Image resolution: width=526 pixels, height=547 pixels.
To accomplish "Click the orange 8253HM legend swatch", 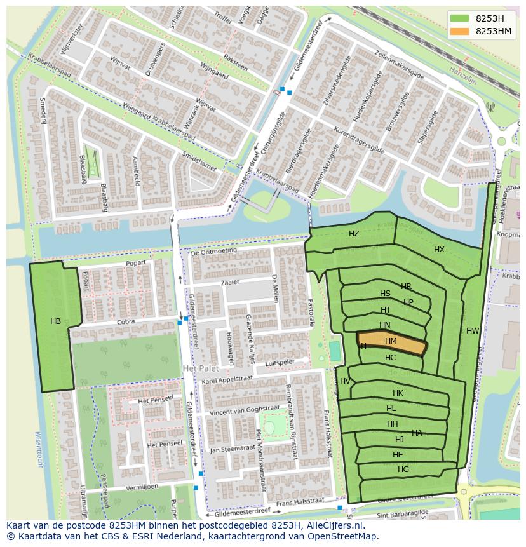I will pyautogui.click(x=461, y=31).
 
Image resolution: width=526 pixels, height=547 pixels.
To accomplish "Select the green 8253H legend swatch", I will pyautogui.click(x=461, y=18).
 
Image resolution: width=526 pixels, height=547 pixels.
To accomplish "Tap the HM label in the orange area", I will pyautogui.click(x=391, y=342).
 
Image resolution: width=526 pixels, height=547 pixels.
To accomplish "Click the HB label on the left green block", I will pyautogui.click(x=56, y=321).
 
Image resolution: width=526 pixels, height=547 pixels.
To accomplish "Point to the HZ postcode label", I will pyautogui.click(x=354, y=234).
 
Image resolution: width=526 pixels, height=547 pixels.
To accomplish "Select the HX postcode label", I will pyautogui.click(x=439, y=250).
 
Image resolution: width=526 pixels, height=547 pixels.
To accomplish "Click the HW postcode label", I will pyautogui.click(x=473, y=331).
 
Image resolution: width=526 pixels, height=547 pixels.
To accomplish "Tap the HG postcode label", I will pyautogui.click(x=403, y=469).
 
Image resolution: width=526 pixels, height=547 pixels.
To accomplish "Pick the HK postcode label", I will pyautogui.click(x=398, y=393).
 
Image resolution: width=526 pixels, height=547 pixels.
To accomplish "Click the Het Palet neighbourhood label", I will pyautogui.click(x=200, y=368).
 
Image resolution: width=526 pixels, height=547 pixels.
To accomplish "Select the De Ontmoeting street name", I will pyautogui.click(x=213, y=251).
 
